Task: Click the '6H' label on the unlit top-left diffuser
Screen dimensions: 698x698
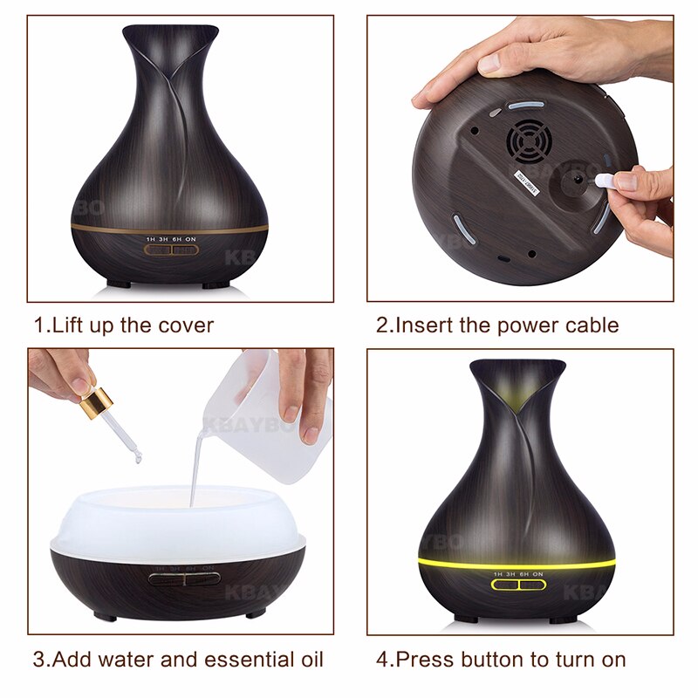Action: (x=177, y=238)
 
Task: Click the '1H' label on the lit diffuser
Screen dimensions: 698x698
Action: (x=498, y=574)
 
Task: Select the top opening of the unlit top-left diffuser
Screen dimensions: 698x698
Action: (x=170, y=35)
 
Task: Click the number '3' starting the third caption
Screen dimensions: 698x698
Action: (x=39, y=659)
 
